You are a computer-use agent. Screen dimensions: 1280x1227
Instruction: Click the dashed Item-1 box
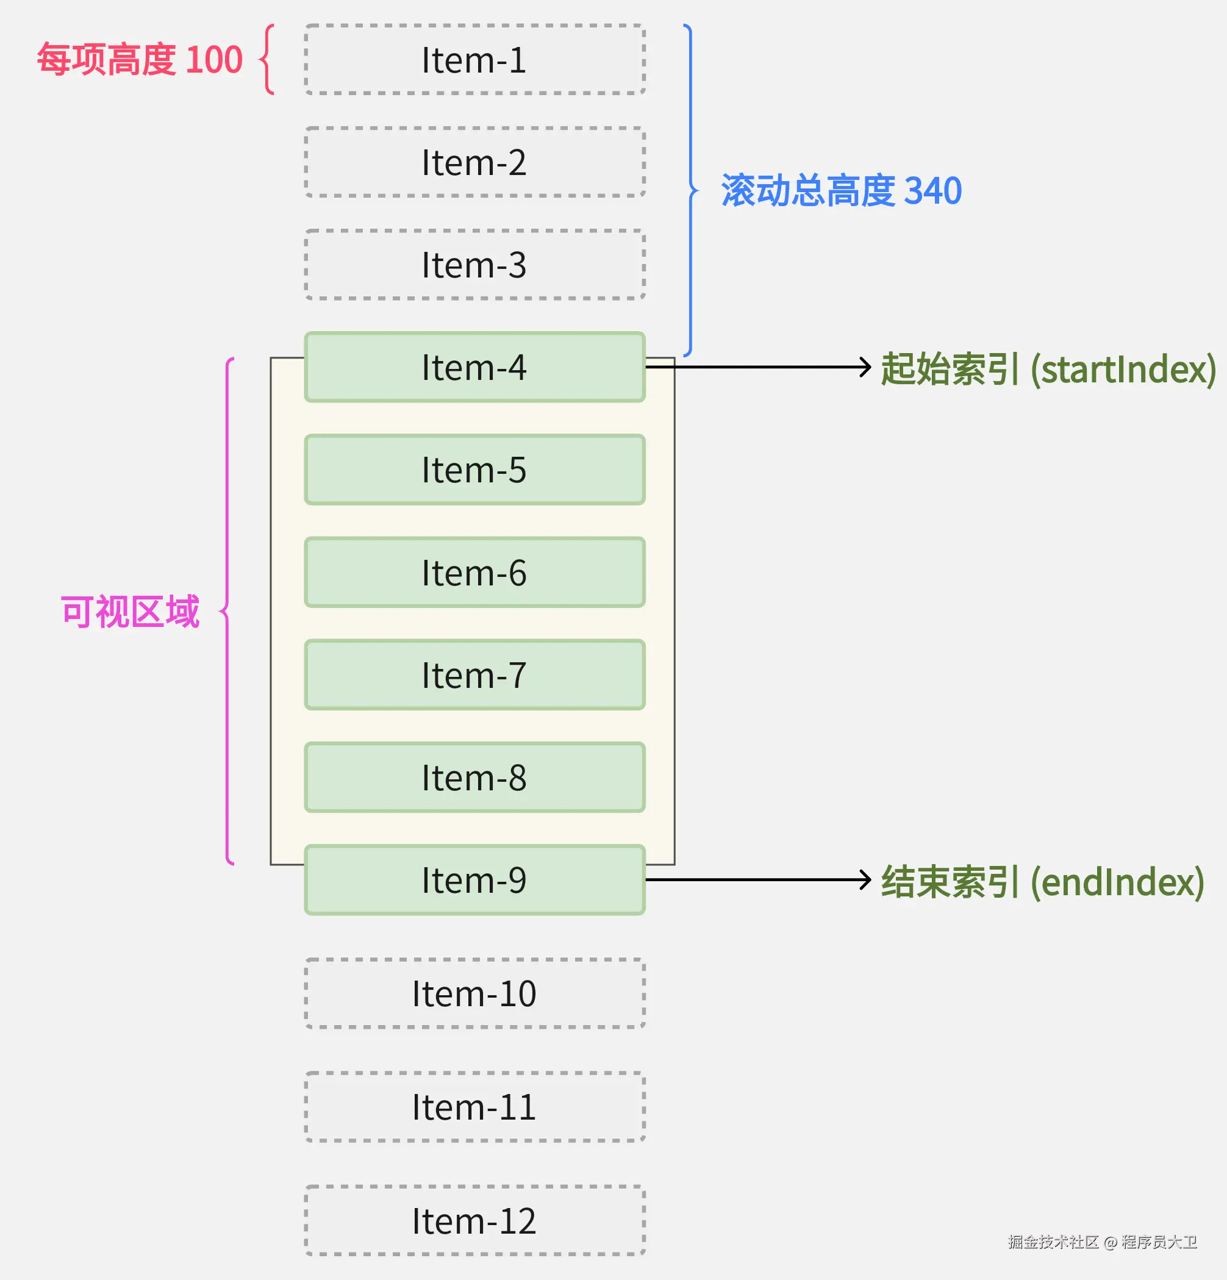(x=474, y=59)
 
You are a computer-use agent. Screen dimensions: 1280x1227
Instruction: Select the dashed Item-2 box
(x=474, y=162)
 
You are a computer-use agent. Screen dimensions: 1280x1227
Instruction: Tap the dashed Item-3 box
(x=474, y=265)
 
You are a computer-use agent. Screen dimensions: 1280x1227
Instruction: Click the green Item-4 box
(x=474, y=367)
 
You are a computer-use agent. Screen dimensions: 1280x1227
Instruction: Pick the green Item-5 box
(x=474, y=470)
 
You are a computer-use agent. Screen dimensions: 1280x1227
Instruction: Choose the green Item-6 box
(x=474, y=572)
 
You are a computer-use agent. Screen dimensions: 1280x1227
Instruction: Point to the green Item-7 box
(x=474, y=674)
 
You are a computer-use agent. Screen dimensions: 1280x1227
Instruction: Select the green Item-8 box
(x=474, y=777)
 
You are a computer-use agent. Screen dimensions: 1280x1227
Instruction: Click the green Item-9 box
(x=474, y=880)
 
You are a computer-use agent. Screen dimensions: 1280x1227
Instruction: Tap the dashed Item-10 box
(x=474, y=993)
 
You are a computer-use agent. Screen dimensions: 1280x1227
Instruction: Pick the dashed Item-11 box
(x=474, y=1107)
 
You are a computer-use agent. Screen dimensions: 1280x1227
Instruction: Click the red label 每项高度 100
(x=140, y=59)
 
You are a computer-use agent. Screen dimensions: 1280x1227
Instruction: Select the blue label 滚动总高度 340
(x=841, y=191)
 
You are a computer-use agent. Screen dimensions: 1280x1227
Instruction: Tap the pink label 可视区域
(x=130, y=612)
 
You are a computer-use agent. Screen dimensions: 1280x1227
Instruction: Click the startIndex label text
(x=1048, y=369)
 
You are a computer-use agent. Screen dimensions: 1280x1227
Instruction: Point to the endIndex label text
(x=1043, y=882)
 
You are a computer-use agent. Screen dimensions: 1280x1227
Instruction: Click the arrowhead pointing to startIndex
(x=866, y=367)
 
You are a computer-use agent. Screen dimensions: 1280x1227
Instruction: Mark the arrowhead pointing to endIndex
(x=866, y=880)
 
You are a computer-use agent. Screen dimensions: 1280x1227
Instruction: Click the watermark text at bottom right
(x=1102, y=1242)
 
